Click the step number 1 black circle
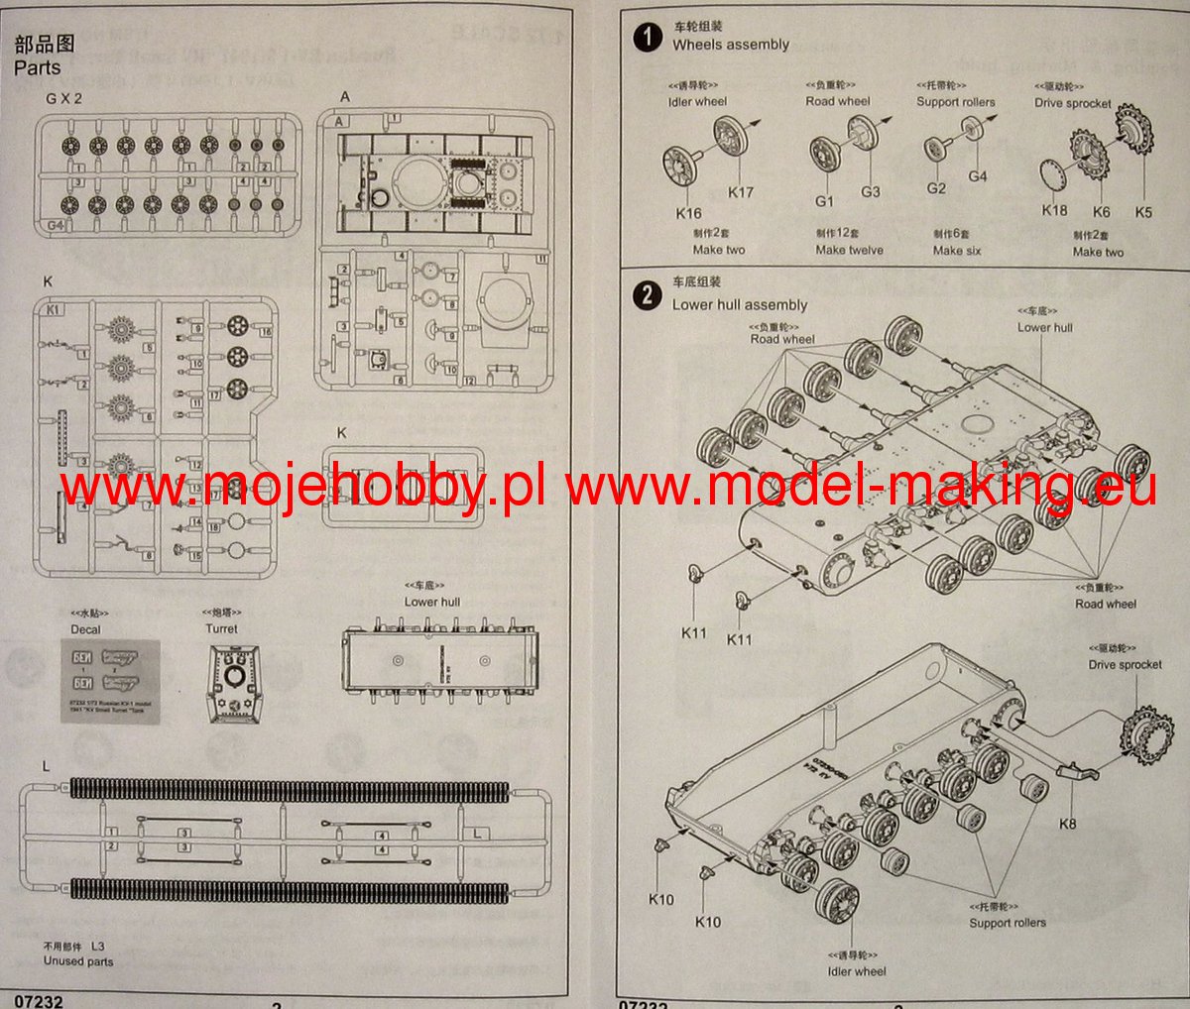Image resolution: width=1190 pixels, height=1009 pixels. pos(648,38)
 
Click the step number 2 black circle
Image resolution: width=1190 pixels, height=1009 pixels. pos(648,295)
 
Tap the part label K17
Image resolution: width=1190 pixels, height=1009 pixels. pos(741,193)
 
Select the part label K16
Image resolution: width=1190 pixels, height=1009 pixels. pos(688,213)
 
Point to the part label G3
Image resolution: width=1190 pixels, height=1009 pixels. pos(870,192)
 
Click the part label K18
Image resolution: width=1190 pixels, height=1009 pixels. pos(1054,210)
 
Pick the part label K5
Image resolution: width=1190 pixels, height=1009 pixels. pos(1143,212)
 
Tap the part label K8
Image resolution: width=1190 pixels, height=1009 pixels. pos(1067,824)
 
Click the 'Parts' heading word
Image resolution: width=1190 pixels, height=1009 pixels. pos(38,68)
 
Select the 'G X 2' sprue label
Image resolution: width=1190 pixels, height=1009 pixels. pos(64,99)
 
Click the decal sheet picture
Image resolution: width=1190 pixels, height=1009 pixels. pos(110,681)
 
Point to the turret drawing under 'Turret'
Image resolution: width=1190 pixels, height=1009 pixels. pos(235,683)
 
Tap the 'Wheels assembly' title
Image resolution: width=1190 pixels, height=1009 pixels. pos(731,45)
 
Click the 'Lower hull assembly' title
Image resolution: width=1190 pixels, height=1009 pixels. pos(740,305)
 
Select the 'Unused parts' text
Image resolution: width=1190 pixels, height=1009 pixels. pos(78,961)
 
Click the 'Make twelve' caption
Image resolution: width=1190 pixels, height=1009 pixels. pos(849,251)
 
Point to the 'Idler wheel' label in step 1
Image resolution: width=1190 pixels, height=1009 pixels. pos(697,102)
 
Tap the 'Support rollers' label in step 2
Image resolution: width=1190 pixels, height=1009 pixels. pos(1008,923)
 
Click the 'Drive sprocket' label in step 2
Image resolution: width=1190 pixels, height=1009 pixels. pos(1125,665)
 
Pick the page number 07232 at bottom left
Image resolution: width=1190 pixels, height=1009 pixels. pos(39,1001)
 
